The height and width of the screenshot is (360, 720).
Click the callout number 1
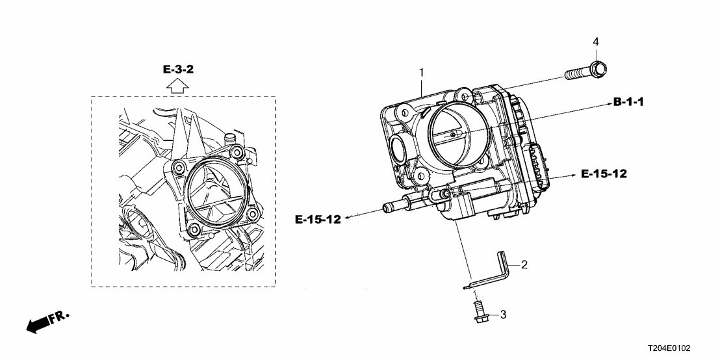click(x=421, y=72)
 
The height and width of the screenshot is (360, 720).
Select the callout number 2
click(x=524, y=264)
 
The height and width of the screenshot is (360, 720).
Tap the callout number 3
click(x=502, y=315)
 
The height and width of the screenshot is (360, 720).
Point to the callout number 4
click(x=595, y=42)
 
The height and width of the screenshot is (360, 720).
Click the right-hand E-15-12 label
click(x=604, y=174)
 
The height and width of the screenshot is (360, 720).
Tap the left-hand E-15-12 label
click(x=318, y=220)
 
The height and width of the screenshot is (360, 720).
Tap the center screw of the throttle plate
click(x=453, y=134)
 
